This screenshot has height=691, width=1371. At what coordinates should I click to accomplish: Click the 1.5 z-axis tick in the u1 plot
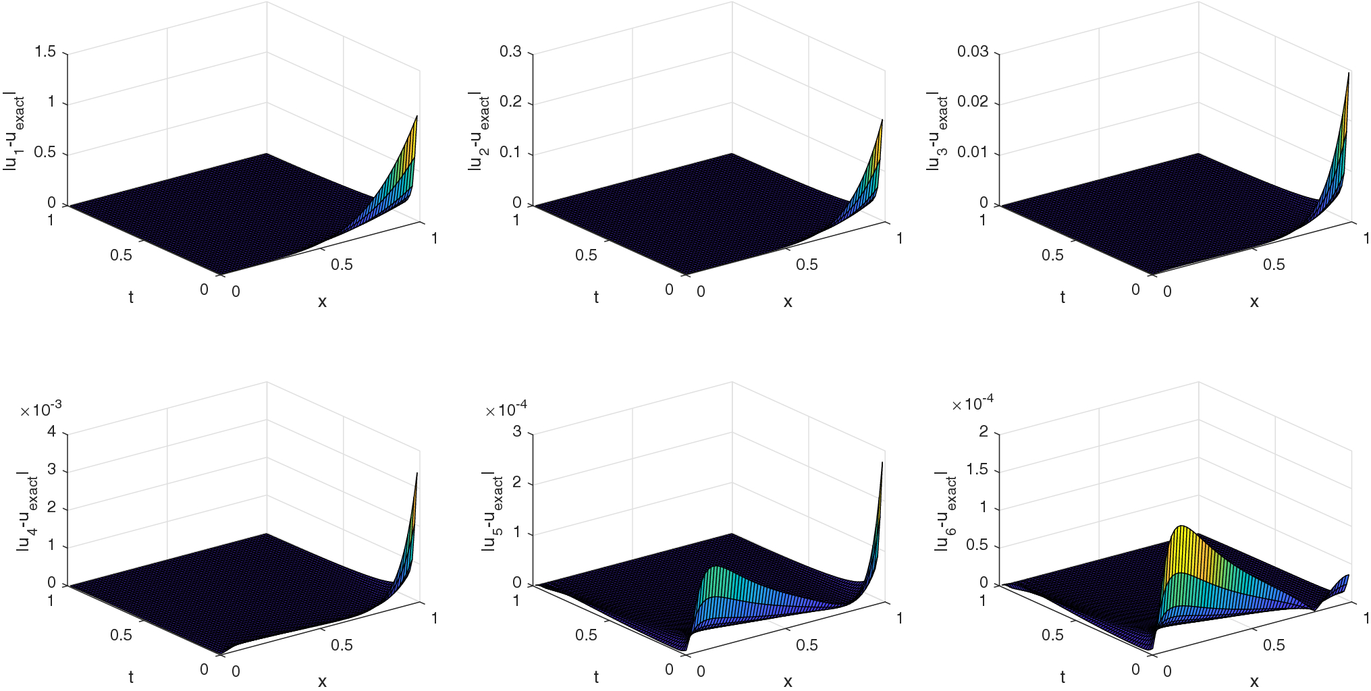coord(45,52)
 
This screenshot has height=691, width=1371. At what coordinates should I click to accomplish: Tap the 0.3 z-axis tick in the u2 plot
coord(510,52)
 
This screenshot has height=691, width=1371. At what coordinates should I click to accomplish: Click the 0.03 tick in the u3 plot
coord(972,52)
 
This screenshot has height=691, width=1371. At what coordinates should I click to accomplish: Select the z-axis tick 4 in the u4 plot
coord(52,432)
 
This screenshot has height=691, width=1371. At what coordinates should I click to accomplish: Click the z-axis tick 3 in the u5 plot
coord(517,432)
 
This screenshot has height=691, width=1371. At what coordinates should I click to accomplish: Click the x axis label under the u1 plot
coord(322,302)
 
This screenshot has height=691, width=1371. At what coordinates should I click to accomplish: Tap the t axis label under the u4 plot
coord(131,677)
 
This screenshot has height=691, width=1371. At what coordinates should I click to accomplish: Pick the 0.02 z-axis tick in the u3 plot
coord(972,102)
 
